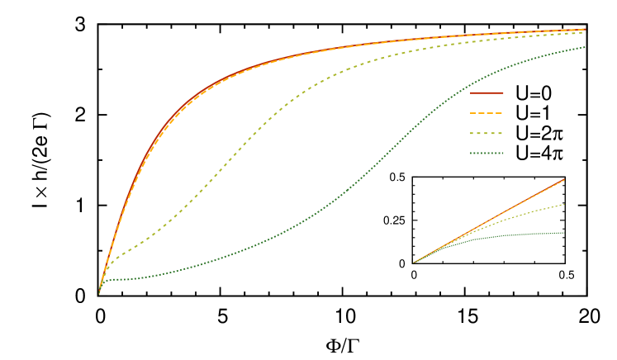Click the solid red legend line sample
point(486,93)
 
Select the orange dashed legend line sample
point(486,113)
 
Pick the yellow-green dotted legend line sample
point(486,133)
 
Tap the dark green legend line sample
point(486,153)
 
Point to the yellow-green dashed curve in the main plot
point(240,149)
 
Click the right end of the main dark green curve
point(585,47)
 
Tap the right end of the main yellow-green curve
point(585,33)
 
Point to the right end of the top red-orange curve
point(585,30)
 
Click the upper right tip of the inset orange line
point(564,179)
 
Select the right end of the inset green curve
point(564,233)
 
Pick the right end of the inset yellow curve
point(564,204)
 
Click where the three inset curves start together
point(413,263)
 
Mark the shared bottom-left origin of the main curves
point(99,293)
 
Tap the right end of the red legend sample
point(503,93)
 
